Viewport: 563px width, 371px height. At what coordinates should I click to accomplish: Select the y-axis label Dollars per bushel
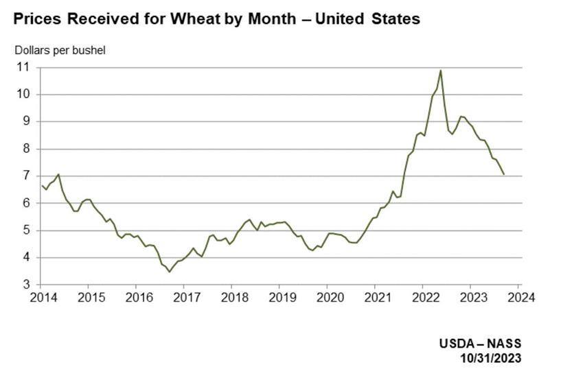(60, 50)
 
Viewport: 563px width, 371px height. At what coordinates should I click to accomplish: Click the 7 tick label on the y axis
(27, 176)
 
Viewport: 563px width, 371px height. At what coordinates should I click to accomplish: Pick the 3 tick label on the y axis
(27, 285)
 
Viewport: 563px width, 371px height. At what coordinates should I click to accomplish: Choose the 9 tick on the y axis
(27, 121)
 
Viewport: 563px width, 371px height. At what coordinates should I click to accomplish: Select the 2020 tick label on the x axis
(328, 298)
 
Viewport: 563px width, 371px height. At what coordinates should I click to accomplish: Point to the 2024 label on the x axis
(520, 298)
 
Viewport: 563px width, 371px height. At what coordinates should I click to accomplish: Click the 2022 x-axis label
(424, 298)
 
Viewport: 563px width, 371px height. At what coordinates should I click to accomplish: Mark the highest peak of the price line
(440, 70)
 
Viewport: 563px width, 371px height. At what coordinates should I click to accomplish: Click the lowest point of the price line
(170, 272)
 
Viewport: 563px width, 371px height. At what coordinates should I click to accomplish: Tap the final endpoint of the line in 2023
(504, 174)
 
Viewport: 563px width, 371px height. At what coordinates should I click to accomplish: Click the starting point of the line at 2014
(42, 185)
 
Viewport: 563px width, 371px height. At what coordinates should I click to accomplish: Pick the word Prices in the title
(39, 19)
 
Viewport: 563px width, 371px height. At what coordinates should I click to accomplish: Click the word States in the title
(396, 19)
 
